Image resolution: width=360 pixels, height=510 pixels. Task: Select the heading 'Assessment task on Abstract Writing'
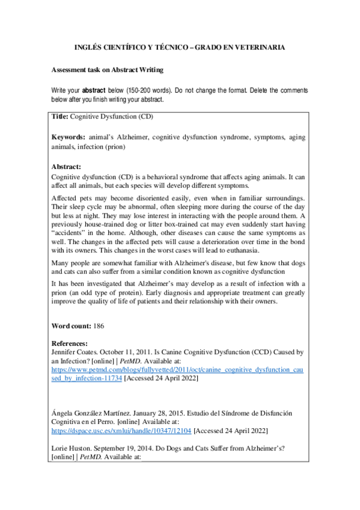click(x=107, y=70)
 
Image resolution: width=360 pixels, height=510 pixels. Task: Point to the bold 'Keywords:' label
click(x=68, y=138)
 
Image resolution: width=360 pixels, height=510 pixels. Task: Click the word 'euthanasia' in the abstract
click(x=224, y=249)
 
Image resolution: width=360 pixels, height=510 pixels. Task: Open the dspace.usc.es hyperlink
click(x=121, y=431)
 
